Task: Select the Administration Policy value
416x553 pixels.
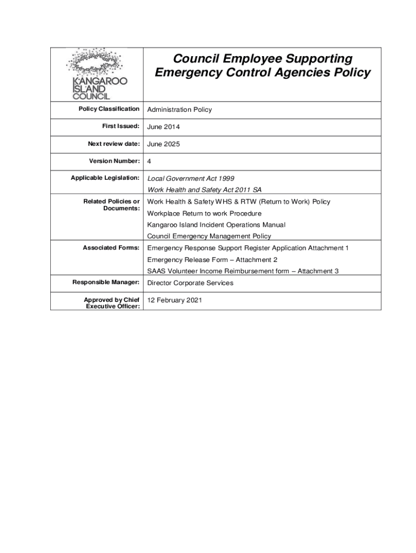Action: (x=179, y=110)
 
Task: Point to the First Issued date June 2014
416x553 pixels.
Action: (x=164, y=127)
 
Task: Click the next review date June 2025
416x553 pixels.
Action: (x=164, y=144)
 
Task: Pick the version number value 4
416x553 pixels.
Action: (x=150, y=161)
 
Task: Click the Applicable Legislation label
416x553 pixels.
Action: (x=105, y=178)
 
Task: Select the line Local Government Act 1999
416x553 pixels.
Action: (x=191, y=178)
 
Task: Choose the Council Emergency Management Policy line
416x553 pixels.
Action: (x=209, y=236)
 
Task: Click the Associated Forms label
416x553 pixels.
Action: (x=111, y=248)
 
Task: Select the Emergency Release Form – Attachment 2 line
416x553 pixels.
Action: (x=212, y=260)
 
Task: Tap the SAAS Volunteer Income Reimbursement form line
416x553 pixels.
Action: (x=243, y=271)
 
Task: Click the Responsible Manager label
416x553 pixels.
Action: (x=106, y=282)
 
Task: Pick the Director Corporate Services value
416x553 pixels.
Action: (x=190, y=282)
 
